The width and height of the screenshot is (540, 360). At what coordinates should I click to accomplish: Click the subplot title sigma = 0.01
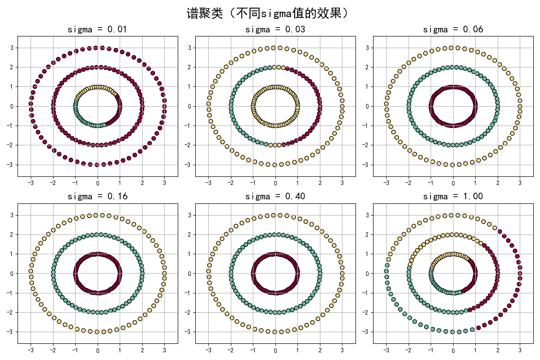pos(97,30)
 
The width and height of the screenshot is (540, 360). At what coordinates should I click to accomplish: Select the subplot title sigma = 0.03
pos(275,30)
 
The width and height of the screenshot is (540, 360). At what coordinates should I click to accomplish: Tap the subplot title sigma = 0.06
pos(453,30)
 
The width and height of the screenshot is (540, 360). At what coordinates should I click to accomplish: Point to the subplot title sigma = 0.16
pos(97,197)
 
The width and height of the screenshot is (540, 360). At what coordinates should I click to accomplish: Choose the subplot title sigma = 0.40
pos(275,197)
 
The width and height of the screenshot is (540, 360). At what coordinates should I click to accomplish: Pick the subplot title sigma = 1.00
pos(453,197)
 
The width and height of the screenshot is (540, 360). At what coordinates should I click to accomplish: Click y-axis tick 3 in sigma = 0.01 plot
pos(13,48)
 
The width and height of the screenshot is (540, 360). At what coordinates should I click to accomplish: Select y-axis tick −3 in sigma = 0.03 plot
pos(189,165)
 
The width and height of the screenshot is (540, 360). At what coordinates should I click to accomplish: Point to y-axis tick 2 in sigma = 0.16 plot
pos(13,234)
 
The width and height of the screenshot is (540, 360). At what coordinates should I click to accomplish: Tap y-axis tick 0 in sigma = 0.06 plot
pos(369,106)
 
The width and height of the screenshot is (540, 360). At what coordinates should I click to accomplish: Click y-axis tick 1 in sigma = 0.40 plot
pos(191,254)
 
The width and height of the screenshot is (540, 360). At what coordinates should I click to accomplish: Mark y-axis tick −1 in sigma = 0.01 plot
pos(12,126)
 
